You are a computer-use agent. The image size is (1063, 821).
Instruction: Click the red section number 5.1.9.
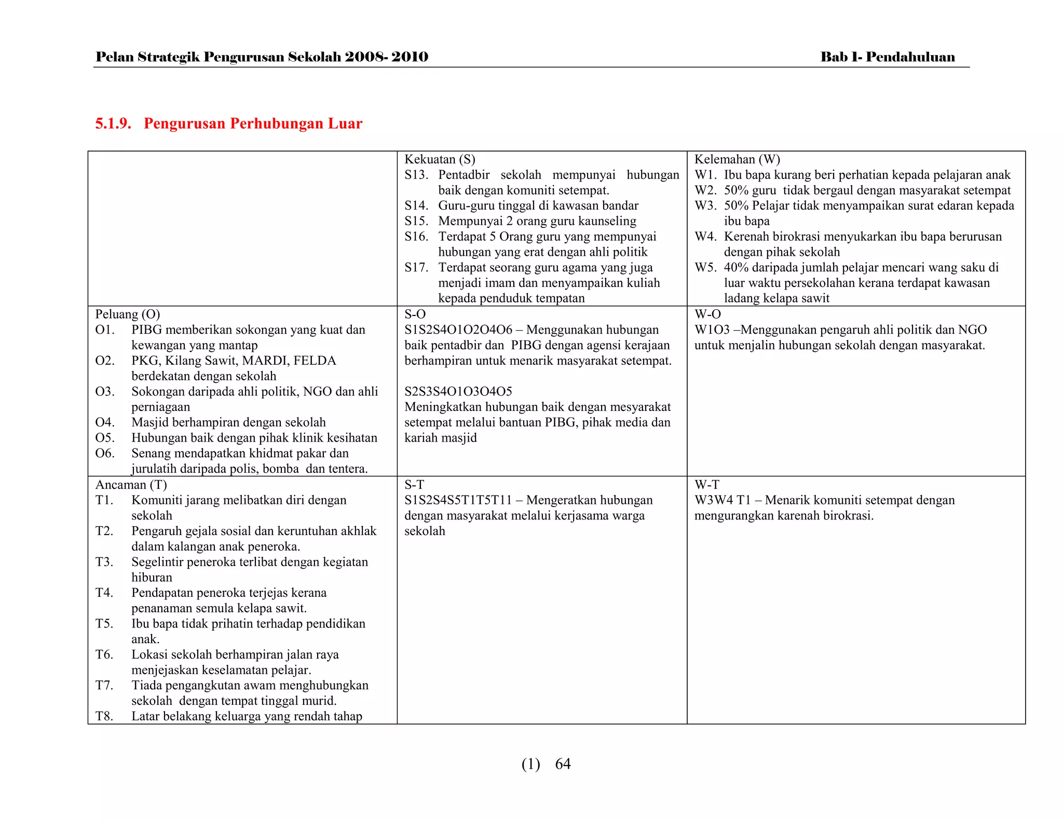pyautogui.click(x=113, y=124)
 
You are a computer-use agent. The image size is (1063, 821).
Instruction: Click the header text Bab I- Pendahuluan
pyautogui.click(x=887, y=57)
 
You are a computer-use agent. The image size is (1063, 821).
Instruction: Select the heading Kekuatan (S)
pyautogui.click(x=440, y=159)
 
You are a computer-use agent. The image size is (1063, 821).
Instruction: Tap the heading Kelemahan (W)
pyautogui.click(x=737, y=159)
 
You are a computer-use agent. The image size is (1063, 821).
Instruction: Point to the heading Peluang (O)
pyautogui.click(x=127, y=314)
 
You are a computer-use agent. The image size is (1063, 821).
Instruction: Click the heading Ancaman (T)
pyautogui.click(x=131, y=485)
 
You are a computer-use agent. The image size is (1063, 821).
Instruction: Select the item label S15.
pyautogui.click(x=416, y=221)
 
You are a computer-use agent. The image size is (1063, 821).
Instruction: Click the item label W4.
pyautogui.click(x=705, y=237)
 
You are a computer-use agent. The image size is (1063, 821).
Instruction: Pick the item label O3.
pyautogui.click(x=105, y=391)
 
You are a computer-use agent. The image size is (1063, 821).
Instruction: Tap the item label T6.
pyautogui.click(x=104, y=654)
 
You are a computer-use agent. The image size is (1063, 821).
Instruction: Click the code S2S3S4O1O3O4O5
pyautogui.click(x=458, y=391)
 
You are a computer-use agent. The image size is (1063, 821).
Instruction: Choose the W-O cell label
pyautogui.click(x=707, y=314)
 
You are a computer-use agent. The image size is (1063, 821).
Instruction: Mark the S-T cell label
pyautogui.click(x=414, y=485)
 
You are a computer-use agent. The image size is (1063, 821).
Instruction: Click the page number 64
pyautogui.click(x=563, y=764)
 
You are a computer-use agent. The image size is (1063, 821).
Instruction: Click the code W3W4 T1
pyautogui.click(x=723, y=500)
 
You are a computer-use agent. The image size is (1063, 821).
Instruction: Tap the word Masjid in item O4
pyautogui.click(x=150, y=422)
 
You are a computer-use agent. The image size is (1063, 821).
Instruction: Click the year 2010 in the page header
pyautogui.click(x=410, y=57)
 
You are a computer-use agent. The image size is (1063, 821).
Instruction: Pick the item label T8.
pyautogui.click(x=104, y=716)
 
